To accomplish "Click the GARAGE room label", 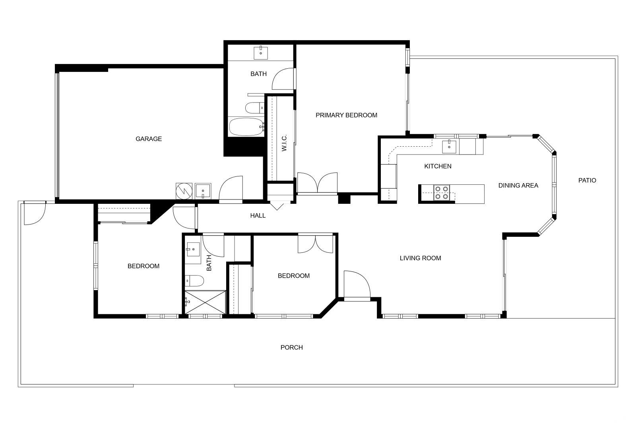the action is click(x=149, y=139).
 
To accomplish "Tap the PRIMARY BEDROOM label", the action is click(x=346, y=115).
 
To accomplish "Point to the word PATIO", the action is click(x=587, y=180).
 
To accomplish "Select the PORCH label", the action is click(x=292, y=347).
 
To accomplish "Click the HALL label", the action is click(x=258, y=216).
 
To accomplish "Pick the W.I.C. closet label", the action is click(x=284, y=143).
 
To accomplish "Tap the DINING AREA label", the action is click(x=518, y=185).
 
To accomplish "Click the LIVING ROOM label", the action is click(x=420, y=258).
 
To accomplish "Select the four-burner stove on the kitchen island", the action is click(x=442, y=193).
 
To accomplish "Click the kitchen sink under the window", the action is click(x=449, y=146).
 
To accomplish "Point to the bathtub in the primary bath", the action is click(x=246, y=127).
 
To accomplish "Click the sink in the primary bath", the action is click(x=261, y=53).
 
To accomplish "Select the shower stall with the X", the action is click(x=205, y=302).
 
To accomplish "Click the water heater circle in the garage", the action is click(x=184, y=191).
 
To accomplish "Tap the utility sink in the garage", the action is click(x=203, y=191).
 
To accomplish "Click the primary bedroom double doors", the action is click(x=317, y=183).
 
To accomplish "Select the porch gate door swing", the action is click(x=35, y=213).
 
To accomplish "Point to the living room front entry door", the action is click(x=357, y=285).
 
